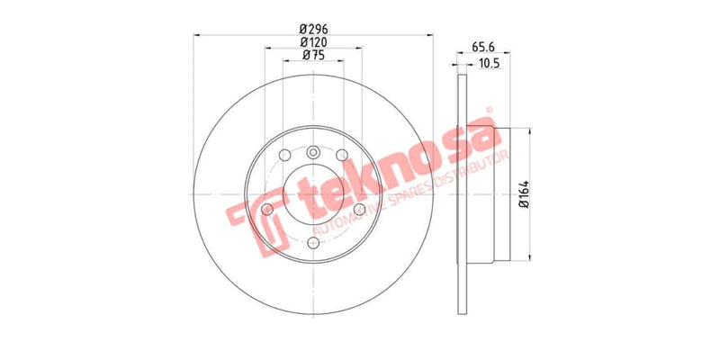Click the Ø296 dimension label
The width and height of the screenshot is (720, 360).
(x=313, y=27)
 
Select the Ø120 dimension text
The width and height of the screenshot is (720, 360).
(x=313, y=41)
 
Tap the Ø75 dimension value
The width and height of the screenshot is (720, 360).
(x=313, y=56)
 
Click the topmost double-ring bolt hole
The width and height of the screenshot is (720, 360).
(x=313, y=152)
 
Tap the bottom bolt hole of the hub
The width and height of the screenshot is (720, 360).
(x=313, y=242)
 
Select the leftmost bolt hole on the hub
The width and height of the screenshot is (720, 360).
(x=267, y=210)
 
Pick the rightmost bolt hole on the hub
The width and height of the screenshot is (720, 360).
(x=359, y=210)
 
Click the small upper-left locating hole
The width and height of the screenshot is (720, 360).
(x=284, y=154)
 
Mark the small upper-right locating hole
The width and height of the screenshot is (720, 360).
(x=342, y=154)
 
